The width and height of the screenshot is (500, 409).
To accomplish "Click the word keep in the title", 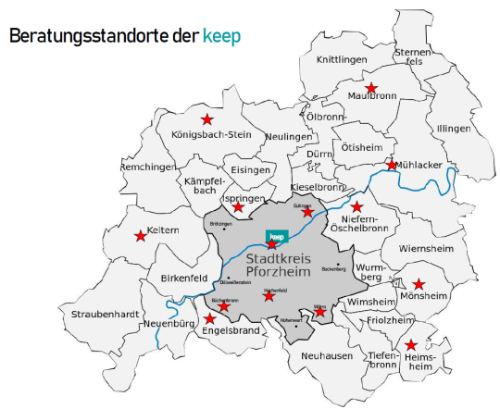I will pyautogui.click(x=220, y=36).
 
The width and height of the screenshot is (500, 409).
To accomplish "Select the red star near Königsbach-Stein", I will pyautogui.click(x=206, y=119).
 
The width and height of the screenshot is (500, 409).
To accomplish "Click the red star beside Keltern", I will pyautogui.click(x=141, y=236).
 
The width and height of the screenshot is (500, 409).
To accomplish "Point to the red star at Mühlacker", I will pyautogui.click(x=393, y=166).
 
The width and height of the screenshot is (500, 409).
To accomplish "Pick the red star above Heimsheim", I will pyautogui.click(x=411, y=345).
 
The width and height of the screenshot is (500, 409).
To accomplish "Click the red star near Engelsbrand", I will pyautogui.click(x=210, y=319).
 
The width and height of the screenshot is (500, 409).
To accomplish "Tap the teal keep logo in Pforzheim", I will pyautogui.click(x=274, y=237).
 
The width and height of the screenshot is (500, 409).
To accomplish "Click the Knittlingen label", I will pyautogui.click(x=342, y=59).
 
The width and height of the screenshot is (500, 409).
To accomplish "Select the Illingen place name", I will pyautogui.click(x=454, y=128).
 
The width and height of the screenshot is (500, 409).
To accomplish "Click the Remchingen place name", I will pyautogui.click(x=148, y=167).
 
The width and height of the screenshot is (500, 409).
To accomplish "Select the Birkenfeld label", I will pyautogui.click(x=183, y=278).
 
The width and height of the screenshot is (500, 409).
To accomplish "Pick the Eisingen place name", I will pyautogui.click(x=251, y=170).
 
